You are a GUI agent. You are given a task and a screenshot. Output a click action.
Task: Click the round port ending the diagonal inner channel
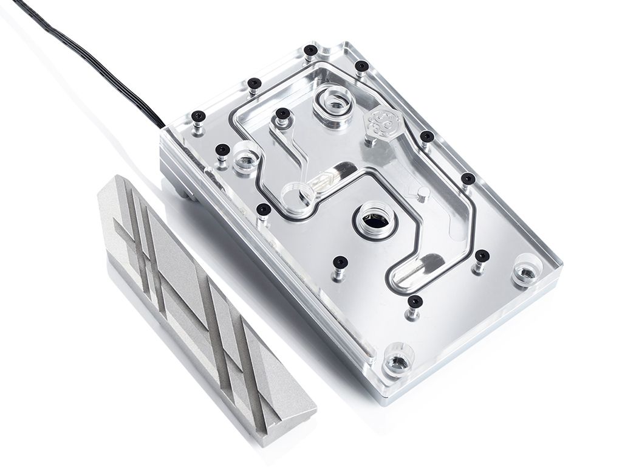[298, 194]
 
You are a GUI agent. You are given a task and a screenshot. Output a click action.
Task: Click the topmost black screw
[311, 50]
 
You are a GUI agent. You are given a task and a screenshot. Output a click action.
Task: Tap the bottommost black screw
[415, 300]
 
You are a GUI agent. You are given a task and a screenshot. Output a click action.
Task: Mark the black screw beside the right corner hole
[482, 255]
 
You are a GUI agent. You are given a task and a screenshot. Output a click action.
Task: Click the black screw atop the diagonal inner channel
[281, 114]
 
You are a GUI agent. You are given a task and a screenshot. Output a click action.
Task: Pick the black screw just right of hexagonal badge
[427, 136]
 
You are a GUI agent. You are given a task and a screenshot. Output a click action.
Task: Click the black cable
[91, 55]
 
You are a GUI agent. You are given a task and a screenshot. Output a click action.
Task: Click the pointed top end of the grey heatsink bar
[115, 178]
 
